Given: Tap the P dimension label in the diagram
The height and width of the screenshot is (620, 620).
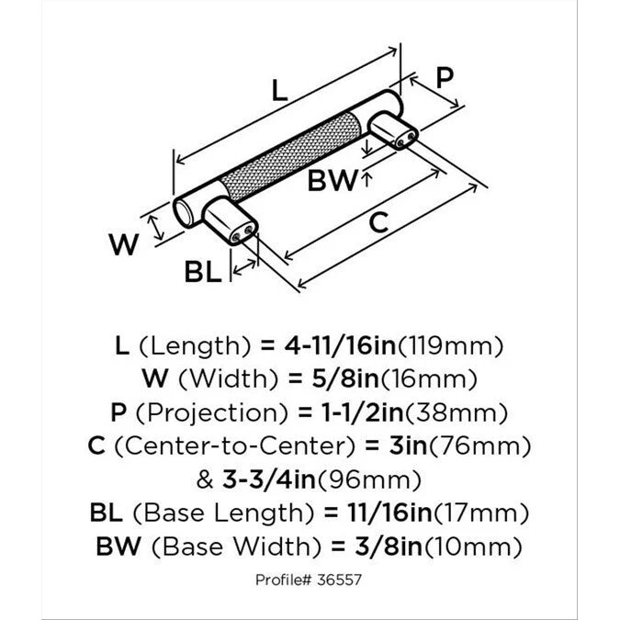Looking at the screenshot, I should (444, 78).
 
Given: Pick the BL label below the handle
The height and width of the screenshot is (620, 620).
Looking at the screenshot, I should (202, 272).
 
